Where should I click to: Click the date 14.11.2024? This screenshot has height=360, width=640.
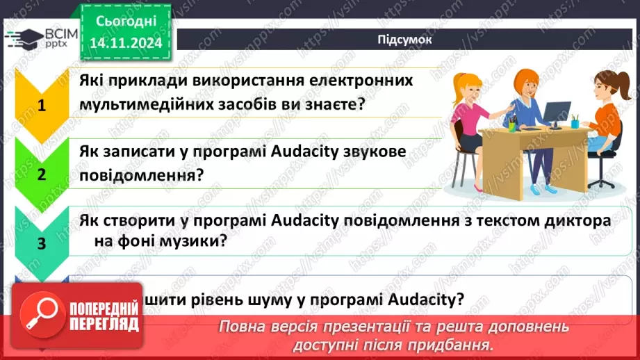pos(126,42)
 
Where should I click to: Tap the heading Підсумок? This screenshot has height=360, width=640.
pos(404,40)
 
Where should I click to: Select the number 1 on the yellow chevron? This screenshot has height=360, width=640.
pos(42,106)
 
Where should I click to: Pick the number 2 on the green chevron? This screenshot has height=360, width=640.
pos(42,174)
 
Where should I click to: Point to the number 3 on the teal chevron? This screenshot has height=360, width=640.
pos(42,243)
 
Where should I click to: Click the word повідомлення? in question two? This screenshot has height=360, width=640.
pos(141,174)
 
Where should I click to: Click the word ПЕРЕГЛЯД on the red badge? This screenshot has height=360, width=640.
pos(105,323)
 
